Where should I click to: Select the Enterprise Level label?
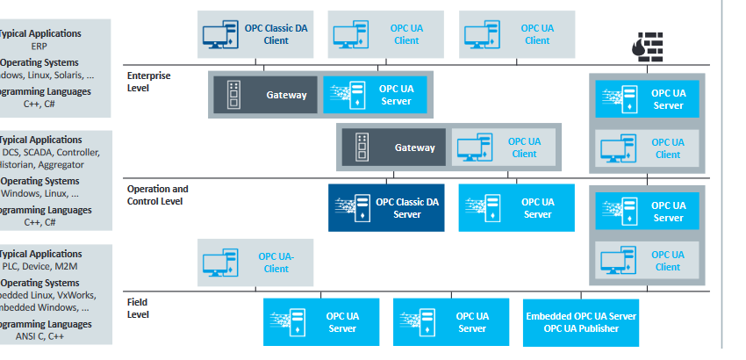(149, 82)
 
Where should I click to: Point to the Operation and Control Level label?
(158, 195)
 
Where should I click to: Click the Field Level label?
(138, 308)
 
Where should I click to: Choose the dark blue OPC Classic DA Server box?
(386, 208)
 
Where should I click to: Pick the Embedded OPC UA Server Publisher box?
(580, 322)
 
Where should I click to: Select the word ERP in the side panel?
(39, 46)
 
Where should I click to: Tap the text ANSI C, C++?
(44, 336)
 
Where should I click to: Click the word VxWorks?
(79, 296)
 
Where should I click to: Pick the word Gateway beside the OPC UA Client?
(414, 148)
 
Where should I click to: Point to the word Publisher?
(595, 328)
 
